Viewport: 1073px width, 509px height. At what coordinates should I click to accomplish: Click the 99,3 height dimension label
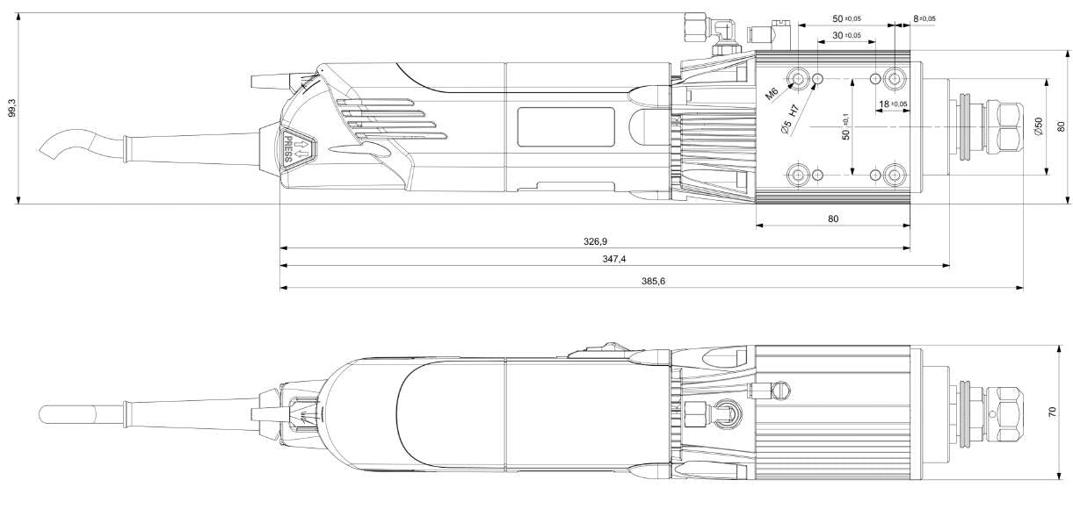[10, 108]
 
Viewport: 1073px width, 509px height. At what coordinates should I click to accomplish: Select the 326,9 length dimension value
[595, 240]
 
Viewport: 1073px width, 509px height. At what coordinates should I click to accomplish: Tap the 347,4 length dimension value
[614, 259]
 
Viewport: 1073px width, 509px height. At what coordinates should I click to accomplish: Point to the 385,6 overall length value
[651, 281]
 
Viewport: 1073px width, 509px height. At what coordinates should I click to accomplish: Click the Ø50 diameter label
[1038, 126]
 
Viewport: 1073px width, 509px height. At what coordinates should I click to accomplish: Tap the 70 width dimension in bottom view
[1053, 412]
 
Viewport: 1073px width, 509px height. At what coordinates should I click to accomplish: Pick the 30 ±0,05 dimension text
[846, 35]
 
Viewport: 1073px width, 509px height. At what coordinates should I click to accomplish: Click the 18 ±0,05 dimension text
[893, 104]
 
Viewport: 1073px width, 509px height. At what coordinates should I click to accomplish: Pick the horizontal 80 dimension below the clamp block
[832, 218]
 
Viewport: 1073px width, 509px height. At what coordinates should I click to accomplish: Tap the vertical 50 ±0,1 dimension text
[845, 126]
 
